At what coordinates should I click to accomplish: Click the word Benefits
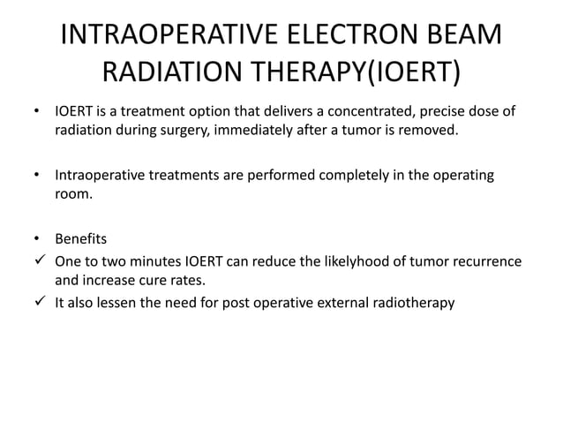point(81,238)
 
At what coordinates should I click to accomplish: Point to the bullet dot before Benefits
point(37,239)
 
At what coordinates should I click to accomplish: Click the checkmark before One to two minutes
point(39,261)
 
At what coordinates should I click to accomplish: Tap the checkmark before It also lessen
point(39,302)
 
